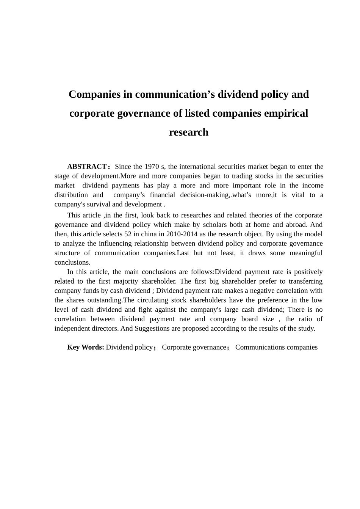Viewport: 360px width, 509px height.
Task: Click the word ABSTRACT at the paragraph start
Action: [87, 167]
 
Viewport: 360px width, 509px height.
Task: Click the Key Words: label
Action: [86, 347]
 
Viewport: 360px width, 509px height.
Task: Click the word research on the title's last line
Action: [189, 132]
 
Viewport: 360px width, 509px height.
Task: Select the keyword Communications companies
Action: [276, 347]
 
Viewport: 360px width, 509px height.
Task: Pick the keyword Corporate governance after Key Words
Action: [194, 347]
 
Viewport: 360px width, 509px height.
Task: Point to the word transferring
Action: [305, 281]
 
